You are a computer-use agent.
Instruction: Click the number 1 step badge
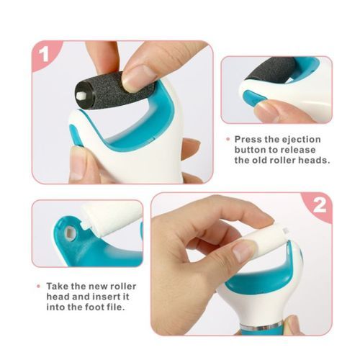click(44, 54)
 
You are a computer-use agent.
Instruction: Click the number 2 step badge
click(319, 205)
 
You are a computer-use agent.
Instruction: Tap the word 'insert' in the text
click(106, 297)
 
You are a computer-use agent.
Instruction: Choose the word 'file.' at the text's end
click(115, 307)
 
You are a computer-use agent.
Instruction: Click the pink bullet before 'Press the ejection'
click(228, 139)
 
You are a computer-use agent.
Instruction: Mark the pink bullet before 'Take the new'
click(38, 286)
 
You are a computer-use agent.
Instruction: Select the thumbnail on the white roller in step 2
click(243, 251)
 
